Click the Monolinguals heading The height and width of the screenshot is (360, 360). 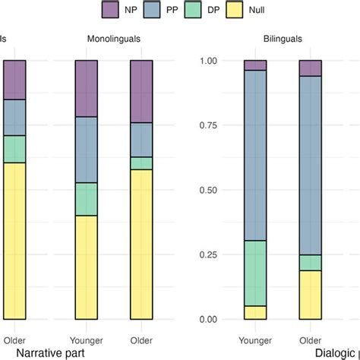(x=113, y=37)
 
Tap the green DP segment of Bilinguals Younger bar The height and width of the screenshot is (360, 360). (x=255, y=273)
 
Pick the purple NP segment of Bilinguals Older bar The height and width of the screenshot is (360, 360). (x=310, y=68)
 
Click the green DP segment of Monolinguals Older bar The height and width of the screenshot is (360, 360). (x=141, y=163)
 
